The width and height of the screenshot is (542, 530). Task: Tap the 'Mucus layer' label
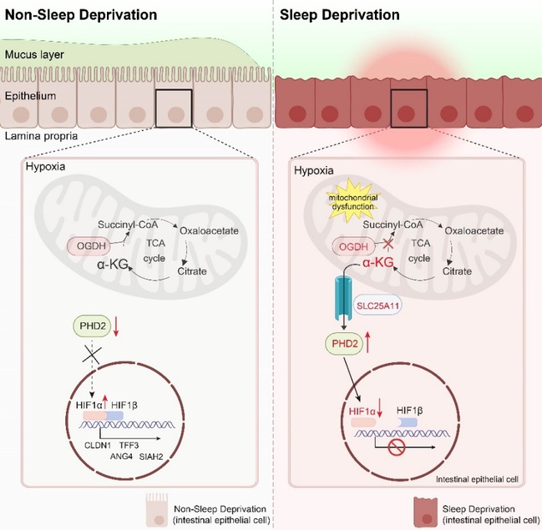coord(34,56)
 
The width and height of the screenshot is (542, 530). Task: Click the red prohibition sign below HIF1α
coord(397,449)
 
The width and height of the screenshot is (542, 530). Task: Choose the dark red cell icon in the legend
coord(427,509)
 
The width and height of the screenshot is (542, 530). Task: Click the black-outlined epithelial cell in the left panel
coord(173,110)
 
